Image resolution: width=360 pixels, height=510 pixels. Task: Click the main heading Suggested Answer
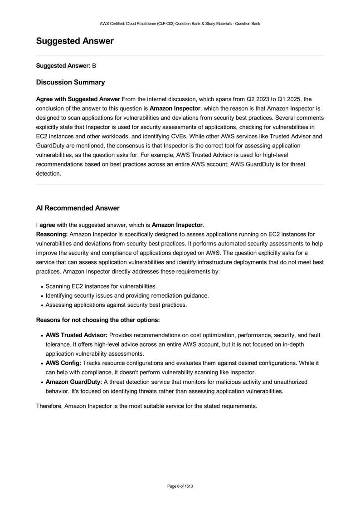75,41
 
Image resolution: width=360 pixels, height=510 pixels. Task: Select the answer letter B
94,66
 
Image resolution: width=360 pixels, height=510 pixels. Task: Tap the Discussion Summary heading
70,82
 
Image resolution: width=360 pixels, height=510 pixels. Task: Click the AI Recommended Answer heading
78,208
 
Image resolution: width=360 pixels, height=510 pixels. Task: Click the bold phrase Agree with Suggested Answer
78,99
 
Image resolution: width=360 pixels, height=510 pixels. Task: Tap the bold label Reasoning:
52,234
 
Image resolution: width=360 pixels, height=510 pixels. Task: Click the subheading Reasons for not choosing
97,320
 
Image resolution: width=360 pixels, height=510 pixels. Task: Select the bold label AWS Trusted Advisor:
77,335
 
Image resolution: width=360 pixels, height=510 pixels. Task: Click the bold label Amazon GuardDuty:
74,382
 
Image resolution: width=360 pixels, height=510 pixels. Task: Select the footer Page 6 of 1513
180,486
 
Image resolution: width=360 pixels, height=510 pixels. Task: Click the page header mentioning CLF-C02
180,23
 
